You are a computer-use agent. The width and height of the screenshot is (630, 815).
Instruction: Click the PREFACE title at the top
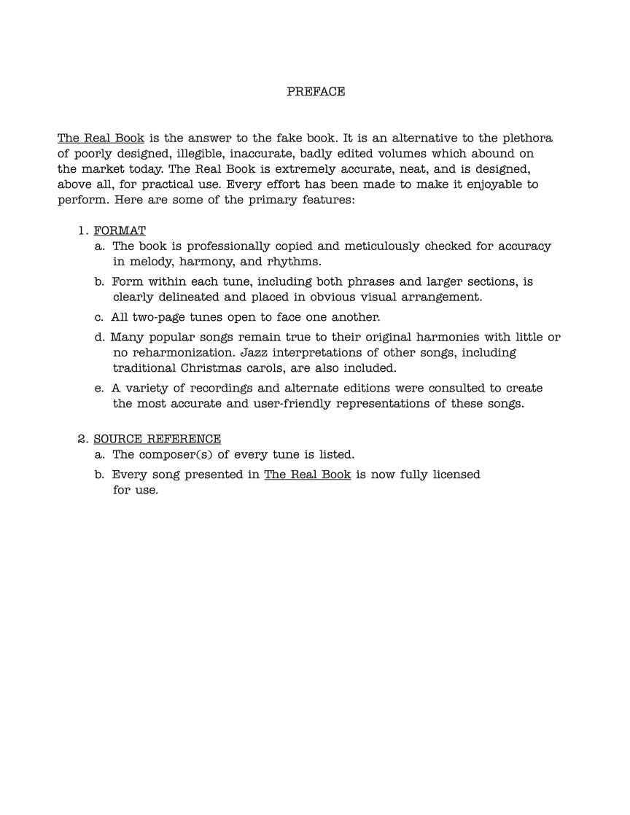(x=315, y=92)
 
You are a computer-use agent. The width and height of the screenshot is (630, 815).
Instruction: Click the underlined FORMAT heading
(x=120, y=231)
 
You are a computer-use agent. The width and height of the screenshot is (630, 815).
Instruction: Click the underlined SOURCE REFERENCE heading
(x=157, y=439)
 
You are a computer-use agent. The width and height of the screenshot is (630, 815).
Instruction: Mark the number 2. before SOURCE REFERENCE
(x=83, y=439)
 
